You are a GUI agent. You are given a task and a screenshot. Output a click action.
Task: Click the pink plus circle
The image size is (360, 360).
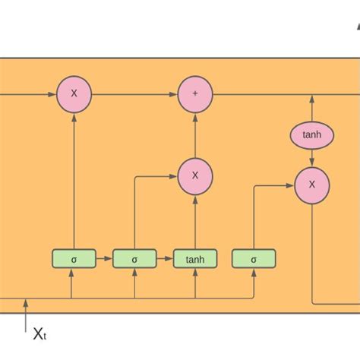click(x=195, y=94)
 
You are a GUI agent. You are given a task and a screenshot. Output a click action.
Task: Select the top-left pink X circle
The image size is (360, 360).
click(x=74, y=94)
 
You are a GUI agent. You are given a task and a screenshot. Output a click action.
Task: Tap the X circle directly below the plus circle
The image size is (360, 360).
click(x=195, y=175)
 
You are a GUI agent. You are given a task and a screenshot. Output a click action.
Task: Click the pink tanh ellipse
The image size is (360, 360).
click(x=311, y=135)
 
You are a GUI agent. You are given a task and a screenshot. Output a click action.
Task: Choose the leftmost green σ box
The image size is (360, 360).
click(x=74, y=259)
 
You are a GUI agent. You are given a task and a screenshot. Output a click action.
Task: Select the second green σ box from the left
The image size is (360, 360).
click(x=134, y=259)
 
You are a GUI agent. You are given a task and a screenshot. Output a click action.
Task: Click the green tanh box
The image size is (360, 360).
click(x=195, y=259)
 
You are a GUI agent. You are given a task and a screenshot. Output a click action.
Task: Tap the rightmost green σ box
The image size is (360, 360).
click(x=254, y=259)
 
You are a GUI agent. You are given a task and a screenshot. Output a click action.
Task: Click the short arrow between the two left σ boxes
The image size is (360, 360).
click(x=104, y=259)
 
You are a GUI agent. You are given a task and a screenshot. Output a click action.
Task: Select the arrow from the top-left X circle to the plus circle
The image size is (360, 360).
click(x=134, y=94)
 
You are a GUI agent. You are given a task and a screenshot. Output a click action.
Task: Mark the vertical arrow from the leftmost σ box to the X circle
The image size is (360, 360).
click(x=74, y=182)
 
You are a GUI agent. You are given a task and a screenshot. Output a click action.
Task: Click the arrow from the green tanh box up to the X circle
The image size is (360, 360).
click(x=195, y=222)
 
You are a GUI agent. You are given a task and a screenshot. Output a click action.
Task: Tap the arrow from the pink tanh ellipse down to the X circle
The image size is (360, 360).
click(x=311, y=158)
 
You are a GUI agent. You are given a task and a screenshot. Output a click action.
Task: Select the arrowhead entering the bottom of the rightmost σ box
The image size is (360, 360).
click(x=254, y=273)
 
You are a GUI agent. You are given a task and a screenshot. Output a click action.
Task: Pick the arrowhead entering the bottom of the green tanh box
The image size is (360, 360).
click(x=195, y=273)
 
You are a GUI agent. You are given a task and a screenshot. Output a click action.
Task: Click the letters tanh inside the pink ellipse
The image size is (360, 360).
click(x=311, y=135)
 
